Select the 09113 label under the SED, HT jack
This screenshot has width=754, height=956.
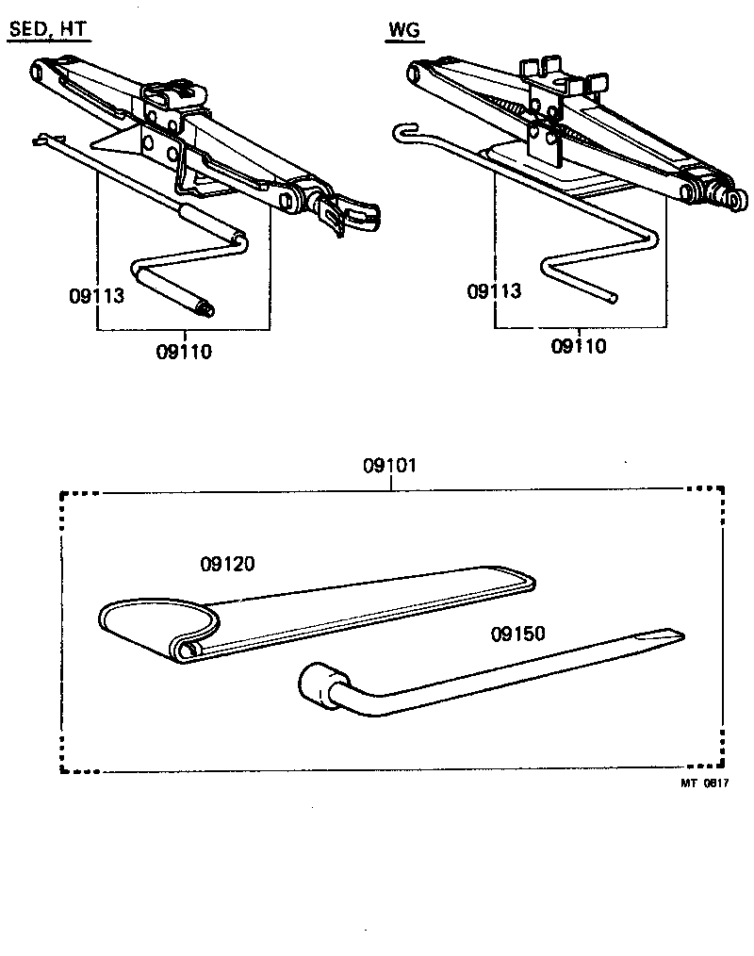pos(96,295)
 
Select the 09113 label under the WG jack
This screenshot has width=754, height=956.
pos(494,290)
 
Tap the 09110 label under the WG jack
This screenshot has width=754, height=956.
pos(579,346)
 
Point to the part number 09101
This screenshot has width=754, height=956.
pos(389,466)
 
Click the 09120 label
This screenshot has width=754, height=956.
pos(227,564)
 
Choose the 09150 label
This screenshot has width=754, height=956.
pos(517,634)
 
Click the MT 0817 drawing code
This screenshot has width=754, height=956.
pos(704,783)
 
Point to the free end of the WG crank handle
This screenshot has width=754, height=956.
pos(613,298)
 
